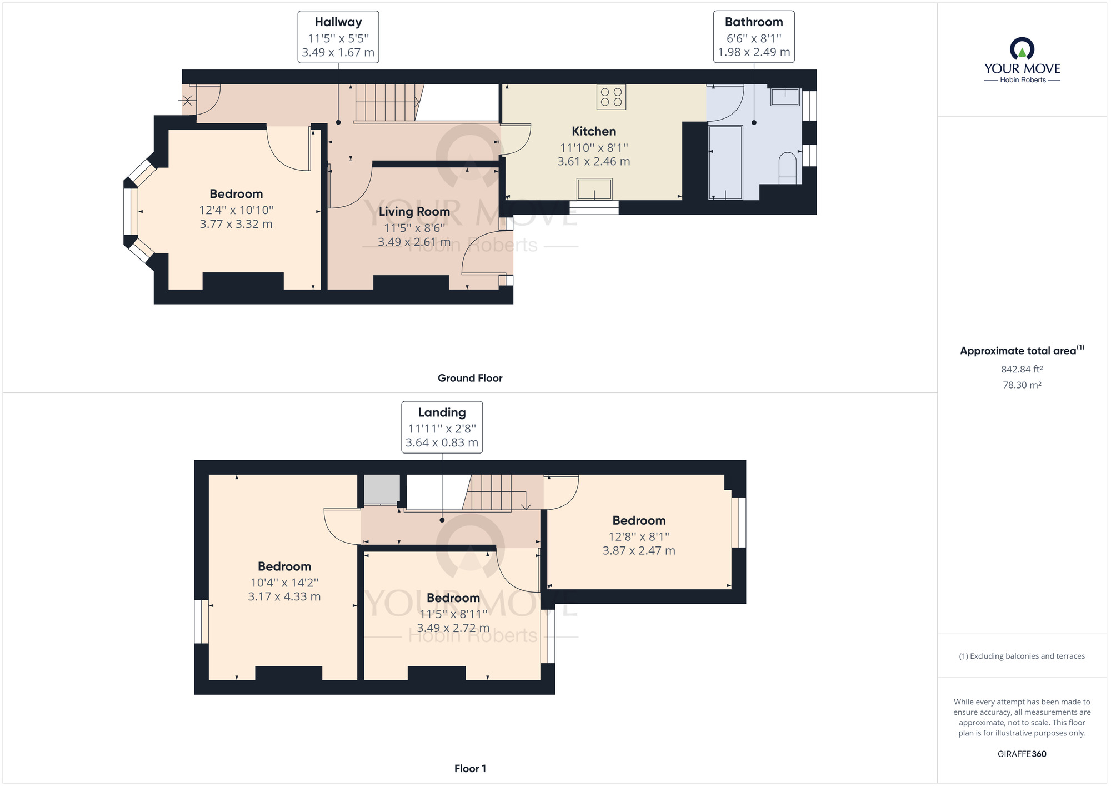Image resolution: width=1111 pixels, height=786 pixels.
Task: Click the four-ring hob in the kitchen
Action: coord(611,97)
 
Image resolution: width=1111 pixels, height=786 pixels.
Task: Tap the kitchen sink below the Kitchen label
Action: coord(594,189)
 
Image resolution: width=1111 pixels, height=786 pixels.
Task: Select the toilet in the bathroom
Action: coord(788,168)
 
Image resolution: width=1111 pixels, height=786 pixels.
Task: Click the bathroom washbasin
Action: coord(785,97)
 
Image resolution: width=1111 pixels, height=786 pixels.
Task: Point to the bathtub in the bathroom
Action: coord(726,162)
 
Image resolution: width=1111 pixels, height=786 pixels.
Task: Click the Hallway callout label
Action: coord(338,37)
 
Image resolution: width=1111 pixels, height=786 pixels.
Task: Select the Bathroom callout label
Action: coord(754,37)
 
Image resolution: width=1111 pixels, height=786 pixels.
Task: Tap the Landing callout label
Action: coord(442,427)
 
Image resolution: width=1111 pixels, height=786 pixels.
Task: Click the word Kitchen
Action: coord(594,131)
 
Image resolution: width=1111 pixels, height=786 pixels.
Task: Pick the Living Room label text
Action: coord(414,212)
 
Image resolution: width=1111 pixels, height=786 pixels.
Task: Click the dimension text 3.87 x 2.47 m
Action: coord(639,550)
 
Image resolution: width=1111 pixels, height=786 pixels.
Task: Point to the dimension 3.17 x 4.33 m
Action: coord(284,596)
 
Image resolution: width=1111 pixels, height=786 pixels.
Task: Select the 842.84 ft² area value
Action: coord(1022,369)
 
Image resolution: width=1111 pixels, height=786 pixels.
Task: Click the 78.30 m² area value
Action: coord(1022,385)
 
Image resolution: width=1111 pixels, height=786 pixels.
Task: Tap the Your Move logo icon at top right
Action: coord(1022,48)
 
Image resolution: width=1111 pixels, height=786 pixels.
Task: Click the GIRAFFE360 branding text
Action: coord(1022,754)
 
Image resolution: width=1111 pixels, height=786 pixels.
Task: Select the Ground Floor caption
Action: coord(470,378)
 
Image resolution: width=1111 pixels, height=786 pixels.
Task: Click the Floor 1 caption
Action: coord(470,769)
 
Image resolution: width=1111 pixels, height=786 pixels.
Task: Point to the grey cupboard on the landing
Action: coord(382,489)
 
